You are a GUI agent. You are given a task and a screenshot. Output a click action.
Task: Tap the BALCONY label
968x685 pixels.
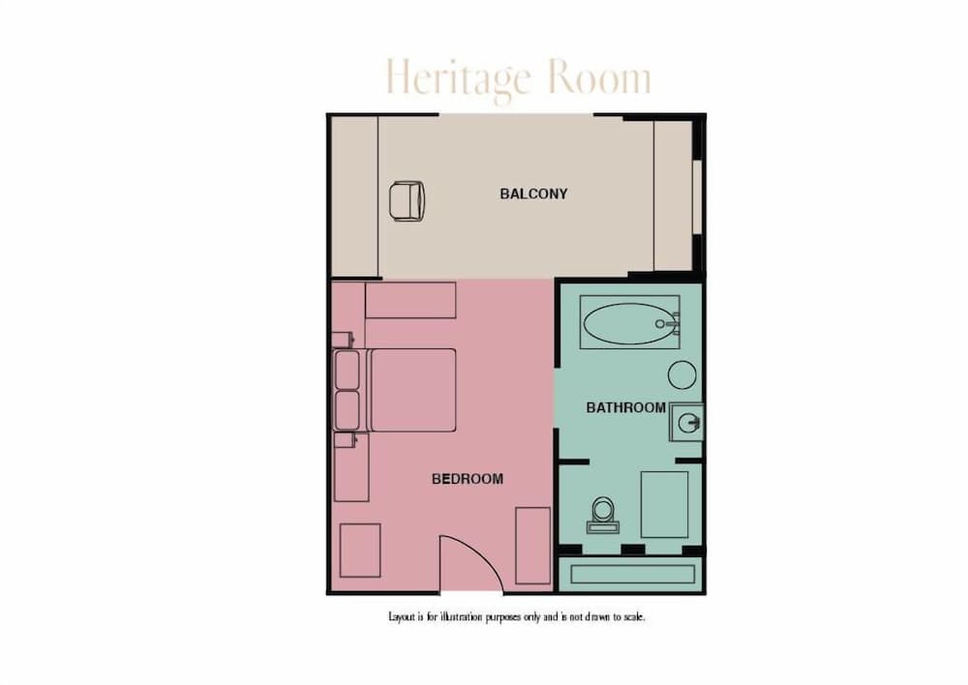(x=533, y=194)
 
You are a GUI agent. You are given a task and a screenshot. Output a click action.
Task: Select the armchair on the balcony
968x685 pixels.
(x=407, y=201)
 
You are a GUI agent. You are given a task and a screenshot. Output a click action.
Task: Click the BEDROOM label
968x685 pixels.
(x=468, y=479)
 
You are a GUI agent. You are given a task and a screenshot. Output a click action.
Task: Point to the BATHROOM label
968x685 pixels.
(x=625, y=407)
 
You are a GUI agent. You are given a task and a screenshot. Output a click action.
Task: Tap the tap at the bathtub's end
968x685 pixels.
(x=664, y=323)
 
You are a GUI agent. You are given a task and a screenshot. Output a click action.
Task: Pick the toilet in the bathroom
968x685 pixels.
(x=602, y=514)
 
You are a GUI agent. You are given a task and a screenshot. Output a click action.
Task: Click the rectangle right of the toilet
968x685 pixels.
(x=664, y=504)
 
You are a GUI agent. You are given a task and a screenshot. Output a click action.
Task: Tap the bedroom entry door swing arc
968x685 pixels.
(x=469, y=561)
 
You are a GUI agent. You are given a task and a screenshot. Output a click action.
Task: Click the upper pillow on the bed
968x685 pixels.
(x=347, y=370)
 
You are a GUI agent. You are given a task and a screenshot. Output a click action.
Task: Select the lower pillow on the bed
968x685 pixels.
(x=347, y=410)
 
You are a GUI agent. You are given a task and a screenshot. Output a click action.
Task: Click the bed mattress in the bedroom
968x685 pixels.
(x=412, y=390)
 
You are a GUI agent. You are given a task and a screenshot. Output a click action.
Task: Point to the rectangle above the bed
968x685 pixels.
(x=410, y=300)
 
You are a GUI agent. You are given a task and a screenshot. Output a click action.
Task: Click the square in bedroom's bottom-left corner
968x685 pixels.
(x=360, y=550)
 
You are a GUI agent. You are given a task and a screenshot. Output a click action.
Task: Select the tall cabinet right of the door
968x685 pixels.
(x=532, y=545)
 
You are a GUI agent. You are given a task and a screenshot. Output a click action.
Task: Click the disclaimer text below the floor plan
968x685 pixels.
(x=515, y=616)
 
